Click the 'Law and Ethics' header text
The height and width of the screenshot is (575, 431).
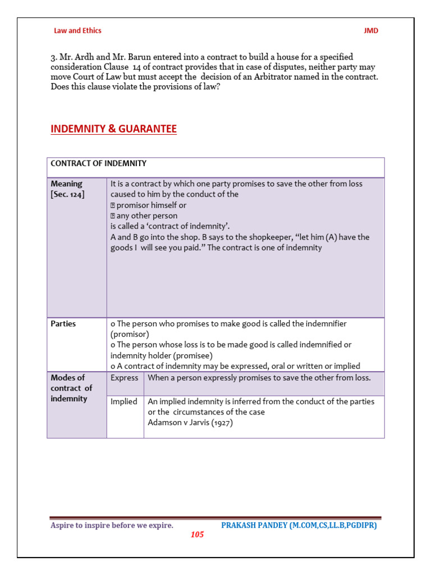click(x=77, y=31)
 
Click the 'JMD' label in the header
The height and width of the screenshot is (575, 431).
click(x=371, y=31)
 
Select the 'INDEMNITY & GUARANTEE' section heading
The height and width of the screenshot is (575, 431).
click(x=113, y=129)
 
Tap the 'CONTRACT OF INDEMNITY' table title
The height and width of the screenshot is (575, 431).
click(x=98, y=163)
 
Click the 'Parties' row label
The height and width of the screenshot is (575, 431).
click(x=63, y=324)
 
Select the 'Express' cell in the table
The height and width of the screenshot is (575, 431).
click(x=124, y=378)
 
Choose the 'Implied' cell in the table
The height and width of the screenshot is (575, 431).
click(x=123, y=401)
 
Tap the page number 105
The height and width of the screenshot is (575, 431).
click(x=197, y=535)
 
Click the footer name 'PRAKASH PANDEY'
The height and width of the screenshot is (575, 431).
click(x=254, y=526)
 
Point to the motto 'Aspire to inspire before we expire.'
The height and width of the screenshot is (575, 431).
click(x=112, y=526)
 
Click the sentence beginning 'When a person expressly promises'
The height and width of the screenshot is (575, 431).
click(x=259, y=378)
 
